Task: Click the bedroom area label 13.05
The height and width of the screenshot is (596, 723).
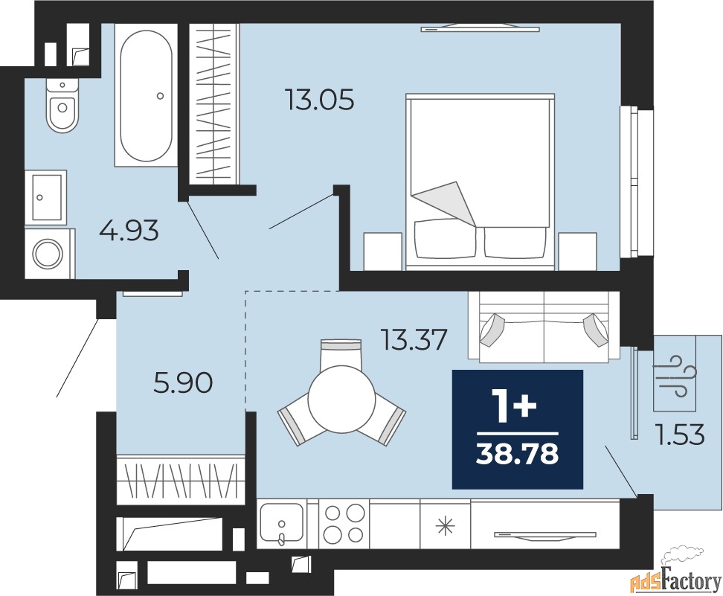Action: (x=320, y=100)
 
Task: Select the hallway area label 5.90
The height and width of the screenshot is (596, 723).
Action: (x=183, y=383)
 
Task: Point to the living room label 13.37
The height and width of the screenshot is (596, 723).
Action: (x=414, y=340)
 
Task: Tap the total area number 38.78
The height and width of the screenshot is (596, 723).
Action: (x=518, y=454)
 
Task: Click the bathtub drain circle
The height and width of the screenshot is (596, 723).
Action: (x=160, y=96)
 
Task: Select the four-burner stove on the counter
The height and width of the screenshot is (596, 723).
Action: (x=344, y=524)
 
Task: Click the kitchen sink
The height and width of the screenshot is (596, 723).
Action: (x=281, y=524)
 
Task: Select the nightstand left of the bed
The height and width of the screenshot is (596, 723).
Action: (x=382, y=251)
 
